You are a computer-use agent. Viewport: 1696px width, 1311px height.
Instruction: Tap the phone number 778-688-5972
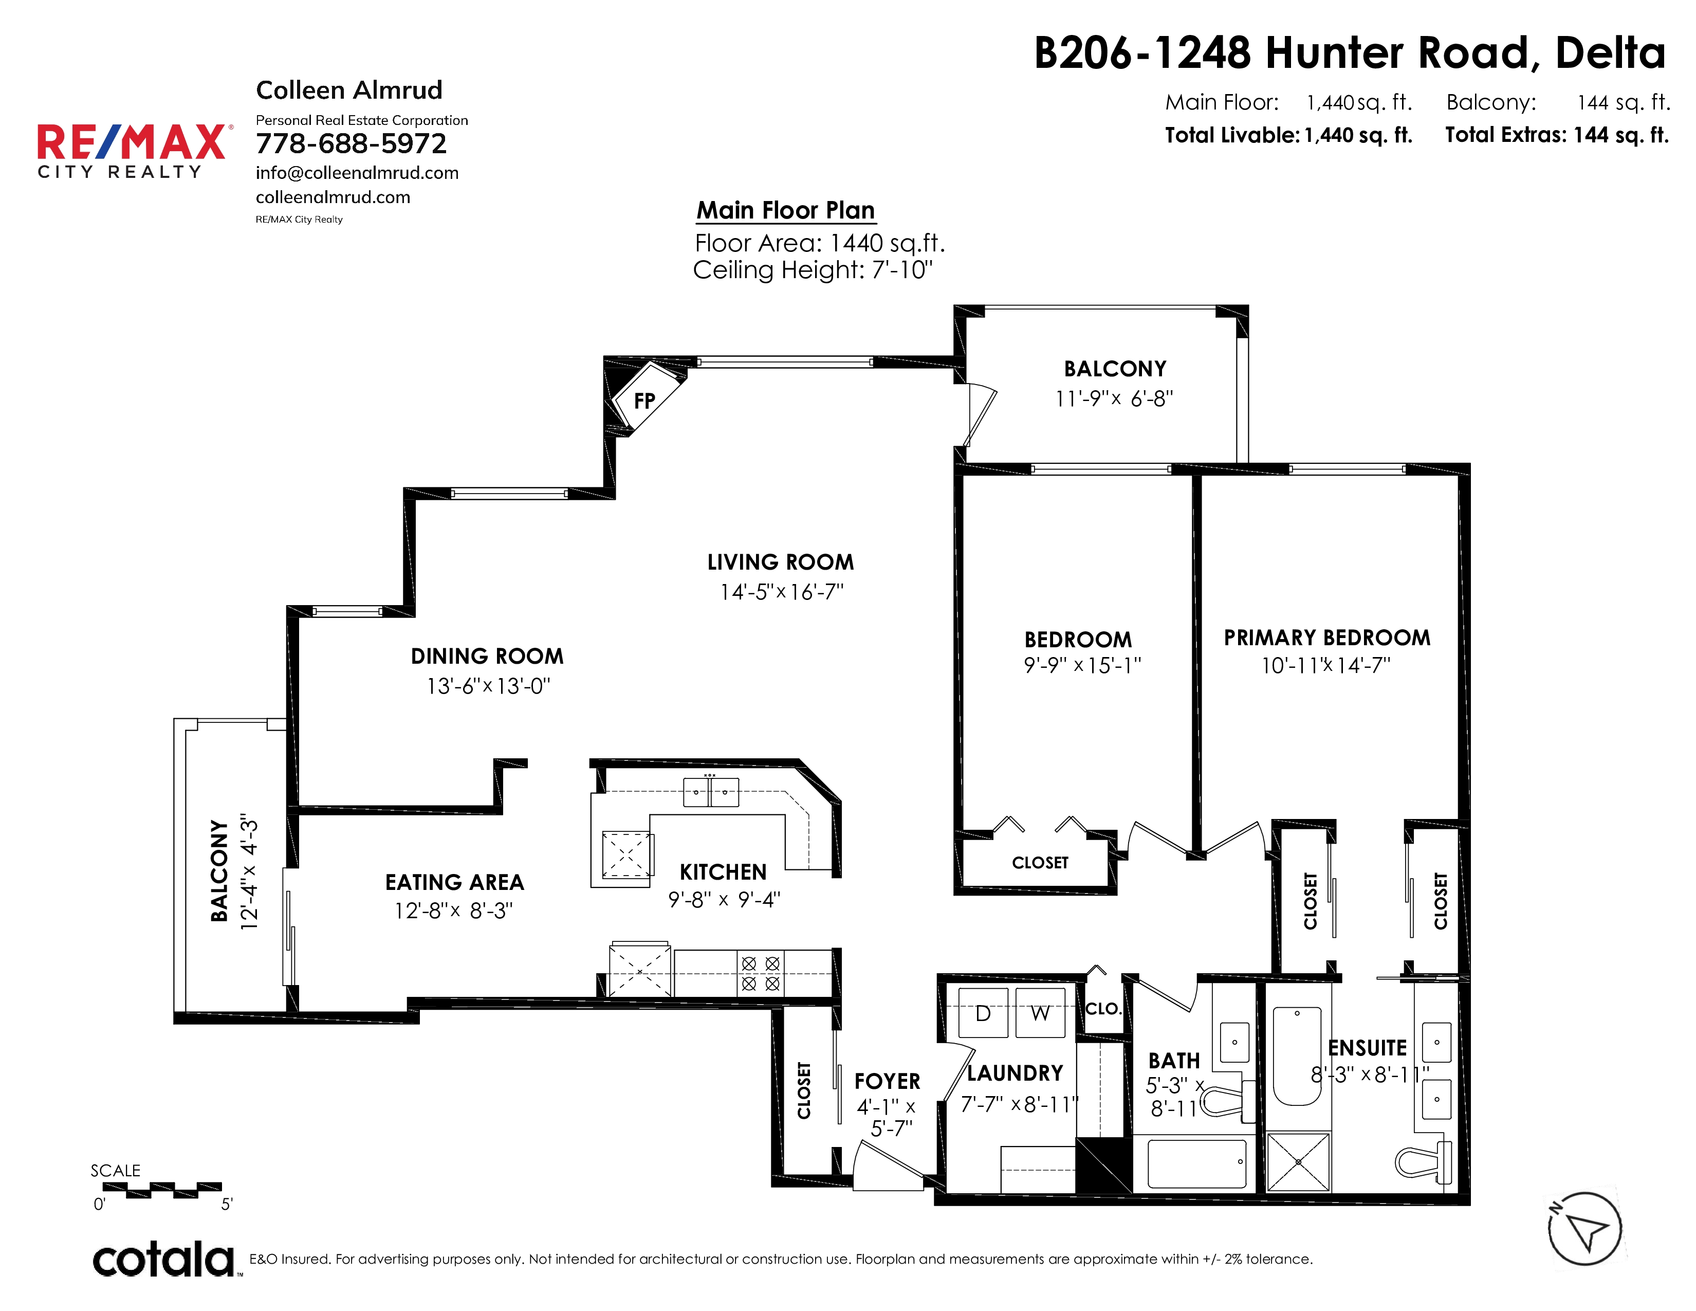click(x=351, y=143)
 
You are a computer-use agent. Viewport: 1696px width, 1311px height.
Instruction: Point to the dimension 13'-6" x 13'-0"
click(x=488, y=686)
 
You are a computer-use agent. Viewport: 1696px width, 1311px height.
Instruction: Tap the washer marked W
click(x=1040, y=1013)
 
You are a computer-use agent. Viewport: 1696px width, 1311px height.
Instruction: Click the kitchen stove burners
click(x=760, y=973)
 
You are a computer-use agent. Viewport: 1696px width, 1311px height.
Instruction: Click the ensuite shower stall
click(x=1298, y=1162)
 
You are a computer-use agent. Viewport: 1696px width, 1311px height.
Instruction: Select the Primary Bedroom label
click(x=1327, y=638)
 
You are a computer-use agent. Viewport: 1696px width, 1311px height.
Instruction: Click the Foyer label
click(x=887, y=1081)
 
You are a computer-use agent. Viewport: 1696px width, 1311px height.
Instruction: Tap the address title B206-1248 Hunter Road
click(x=1350, y=53)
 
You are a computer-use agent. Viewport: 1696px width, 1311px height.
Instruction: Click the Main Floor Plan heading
click(x=785, y=210)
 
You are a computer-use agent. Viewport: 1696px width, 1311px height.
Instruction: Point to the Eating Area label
click(x=454, y=882)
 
